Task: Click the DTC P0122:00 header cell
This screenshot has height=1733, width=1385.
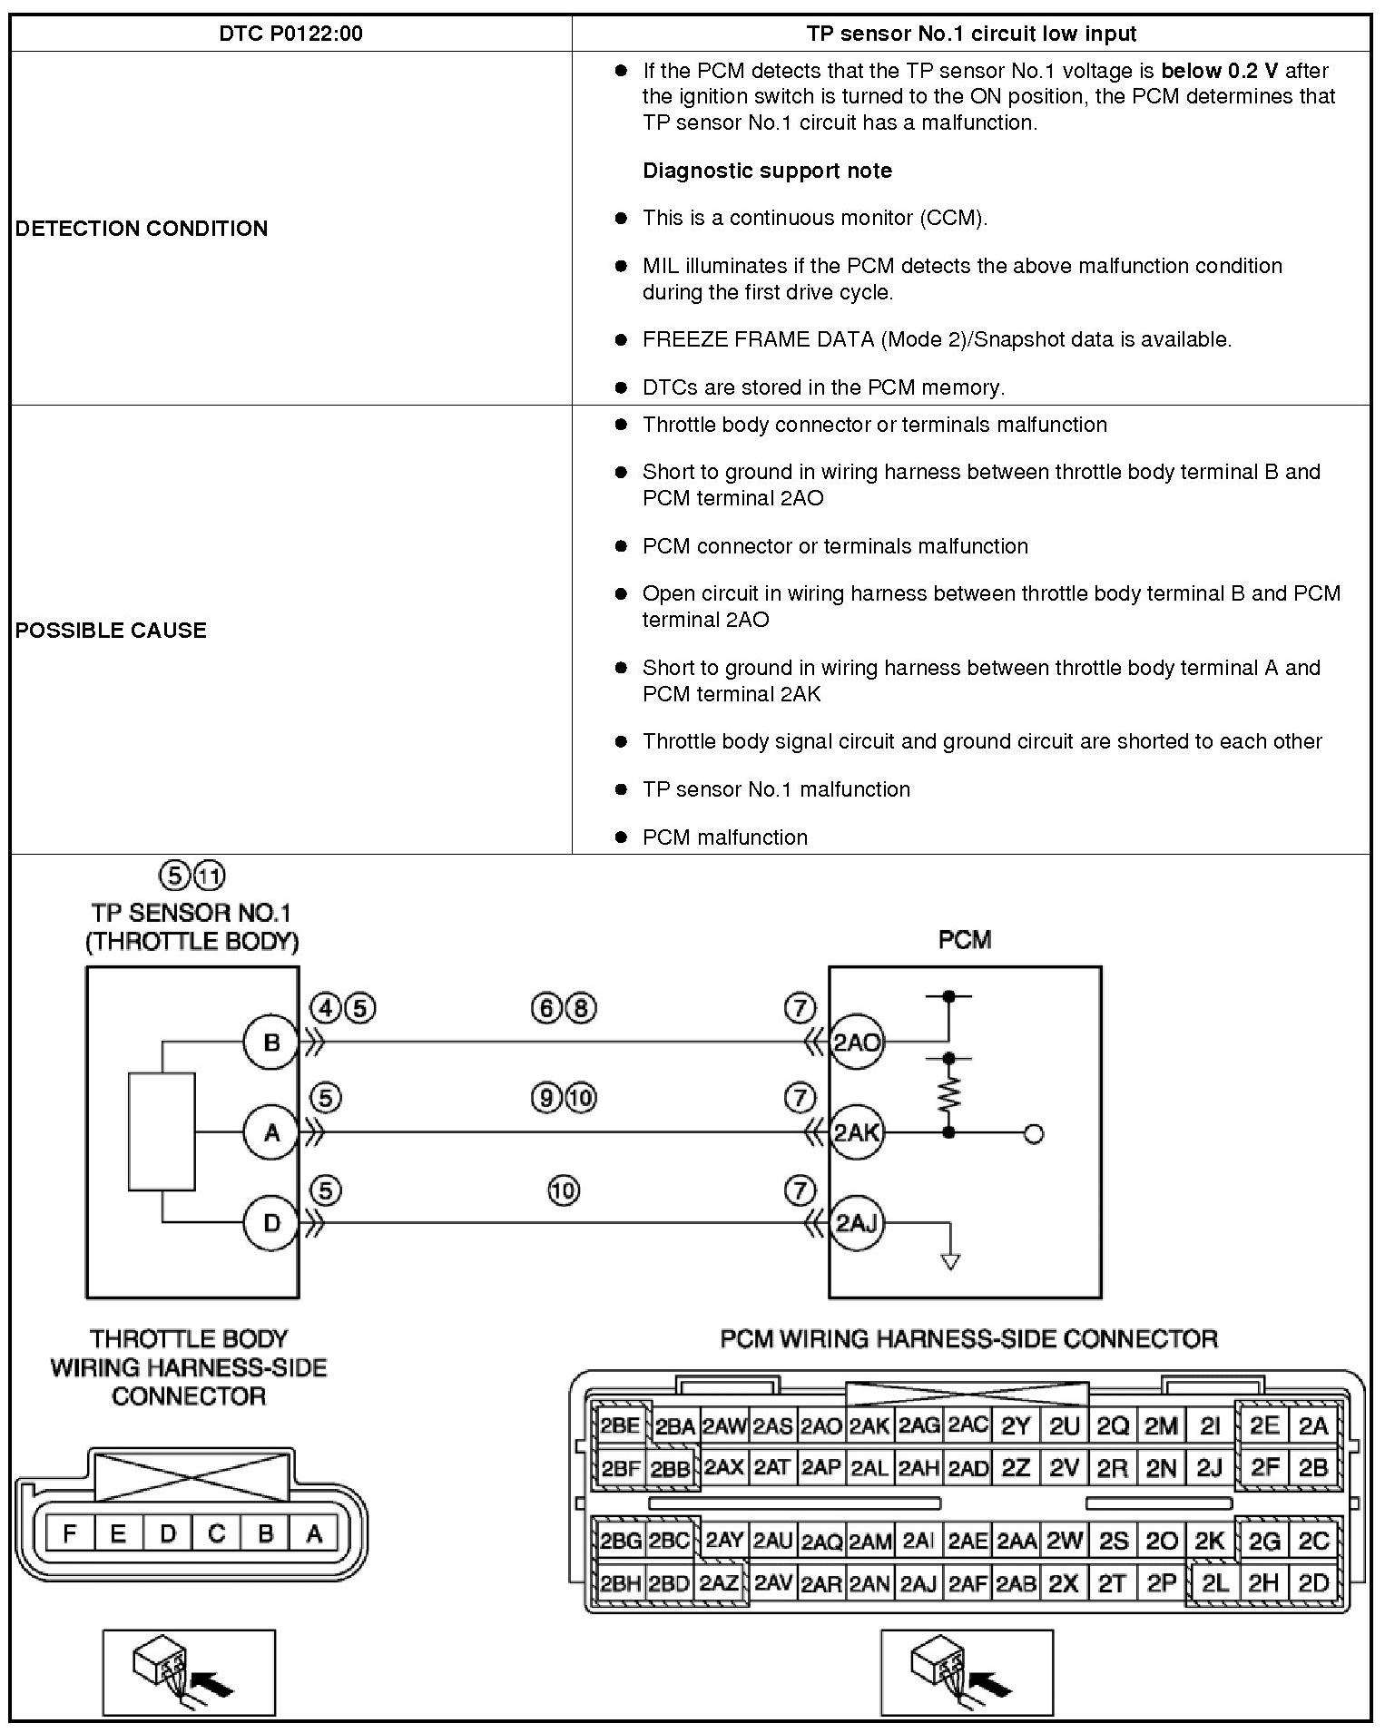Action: coord(290,34)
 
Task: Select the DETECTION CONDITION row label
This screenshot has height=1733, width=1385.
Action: coord(142,228)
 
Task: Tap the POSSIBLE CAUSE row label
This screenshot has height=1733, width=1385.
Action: coord(111,630)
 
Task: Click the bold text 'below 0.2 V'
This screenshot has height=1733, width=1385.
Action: coord(1219,71)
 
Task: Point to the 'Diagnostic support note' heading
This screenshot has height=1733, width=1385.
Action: coord(767,171)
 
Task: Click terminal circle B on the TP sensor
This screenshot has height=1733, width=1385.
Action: coord(271,1043)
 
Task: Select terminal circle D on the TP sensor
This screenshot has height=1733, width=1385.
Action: coord(271,1223)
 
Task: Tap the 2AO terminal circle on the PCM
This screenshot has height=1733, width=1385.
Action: coord(856,1043)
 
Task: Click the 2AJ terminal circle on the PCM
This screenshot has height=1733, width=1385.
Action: coord(856,1223)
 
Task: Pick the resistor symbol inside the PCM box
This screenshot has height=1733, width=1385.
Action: coord(948,1095)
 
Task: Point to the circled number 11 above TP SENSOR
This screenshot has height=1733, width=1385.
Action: coord(210,876)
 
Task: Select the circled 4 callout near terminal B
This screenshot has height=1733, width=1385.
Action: coord(325,1008)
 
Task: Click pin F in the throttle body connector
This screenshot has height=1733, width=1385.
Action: coord(69,1534)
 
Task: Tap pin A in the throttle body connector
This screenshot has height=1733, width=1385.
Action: coord(314,1534)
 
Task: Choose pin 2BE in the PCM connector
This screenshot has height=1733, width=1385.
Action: coord(620,1426)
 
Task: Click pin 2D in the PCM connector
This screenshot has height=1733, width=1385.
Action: coord(1313,1583)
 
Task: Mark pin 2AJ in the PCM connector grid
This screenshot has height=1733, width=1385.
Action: coord(918,1584)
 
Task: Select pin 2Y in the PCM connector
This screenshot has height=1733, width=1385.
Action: coord(1016,1426)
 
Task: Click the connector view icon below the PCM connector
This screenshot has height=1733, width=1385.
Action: coord(967,1672)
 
